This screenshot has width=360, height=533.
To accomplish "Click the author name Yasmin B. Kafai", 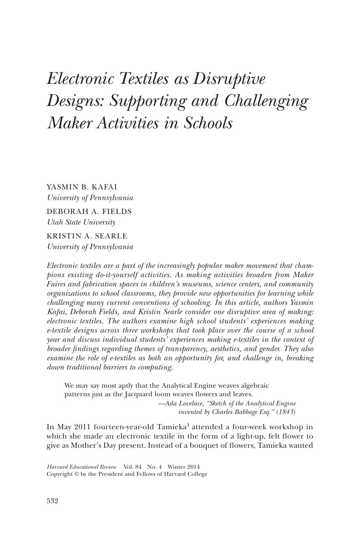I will [82, 187].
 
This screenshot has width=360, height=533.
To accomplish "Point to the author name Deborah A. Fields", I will [89, 211].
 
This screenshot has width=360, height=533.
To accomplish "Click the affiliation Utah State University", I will [81, 222].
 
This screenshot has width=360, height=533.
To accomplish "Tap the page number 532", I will [53, 501].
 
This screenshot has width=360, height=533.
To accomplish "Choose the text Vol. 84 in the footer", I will [133, 467].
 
